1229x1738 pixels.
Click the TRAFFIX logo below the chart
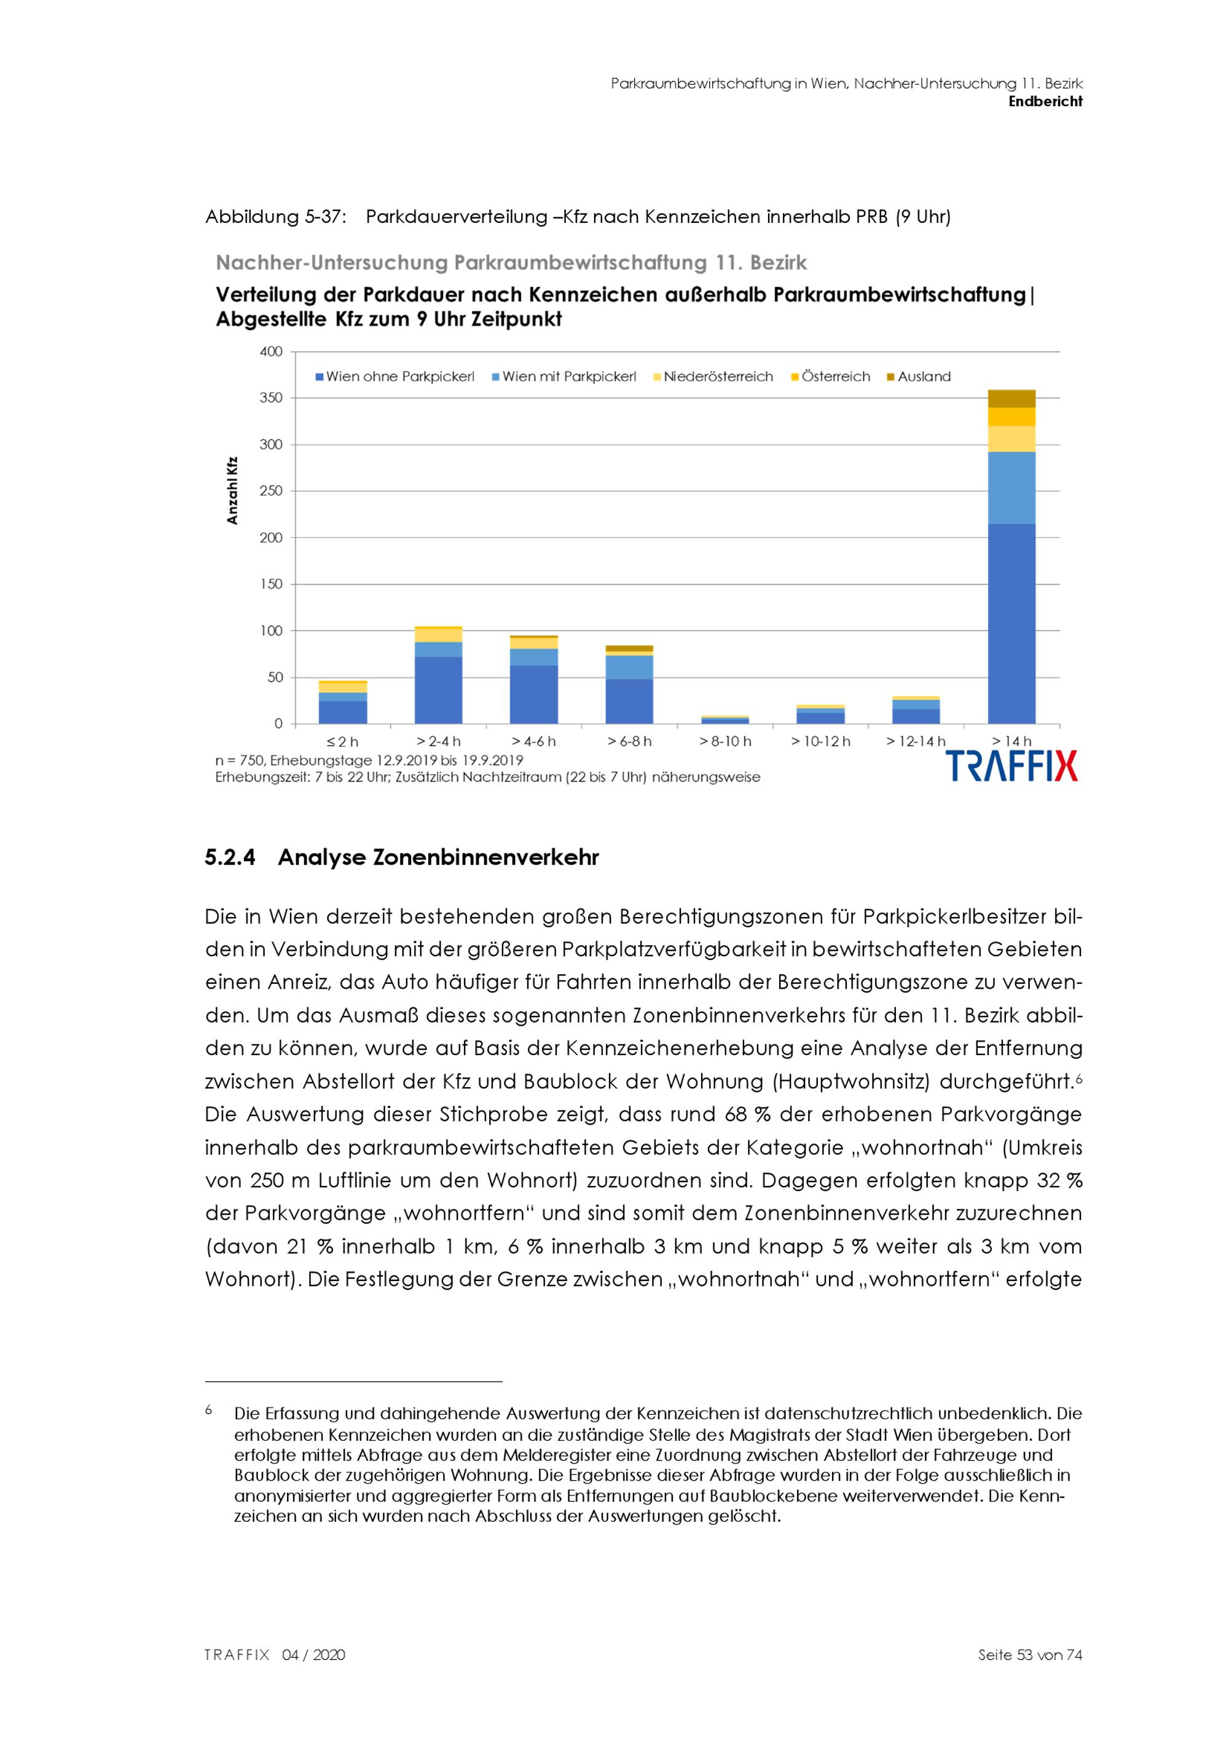[1011, 766]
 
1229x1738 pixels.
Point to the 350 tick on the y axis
[271, 398]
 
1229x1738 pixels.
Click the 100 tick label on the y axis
[271, 631]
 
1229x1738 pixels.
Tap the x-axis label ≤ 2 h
[343, 741]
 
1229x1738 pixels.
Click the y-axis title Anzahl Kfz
[232, 491]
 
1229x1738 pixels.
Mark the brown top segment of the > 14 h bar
[1011, 399]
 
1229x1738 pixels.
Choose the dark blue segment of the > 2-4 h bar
[438, 690]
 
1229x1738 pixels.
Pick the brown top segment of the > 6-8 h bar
[629, 649]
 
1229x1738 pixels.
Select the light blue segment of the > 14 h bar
[1011, 488]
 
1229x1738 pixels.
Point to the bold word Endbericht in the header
[1045, 101]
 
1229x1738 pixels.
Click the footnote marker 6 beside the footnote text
[208, 1409]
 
